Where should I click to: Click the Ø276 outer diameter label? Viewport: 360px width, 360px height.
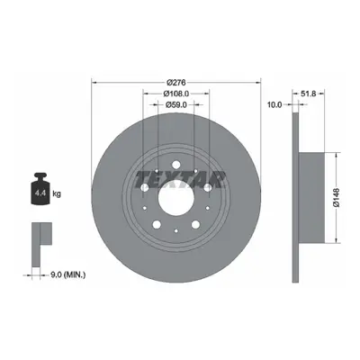(x=176, y=82)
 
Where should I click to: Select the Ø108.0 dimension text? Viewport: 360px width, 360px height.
(x=176, y=94)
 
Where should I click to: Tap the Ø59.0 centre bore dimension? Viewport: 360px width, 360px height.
(x=176, y=104)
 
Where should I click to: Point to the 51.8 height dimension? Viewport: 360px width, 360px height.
(x=308, y=94)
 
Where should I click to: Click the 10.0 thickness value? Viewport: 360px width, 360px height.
(x=274, y=104)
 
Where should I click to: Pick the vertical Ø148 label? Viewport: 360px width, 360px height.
(x=336, y=197)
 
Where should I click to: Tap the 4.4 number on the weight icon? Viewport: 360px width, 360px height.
(x=40, y=193)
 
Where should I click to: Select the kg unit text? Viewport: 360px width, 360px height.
(x=57, y=193)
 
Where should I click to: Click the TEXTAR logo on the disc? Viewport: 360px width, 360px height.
(x=180, y=180)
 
